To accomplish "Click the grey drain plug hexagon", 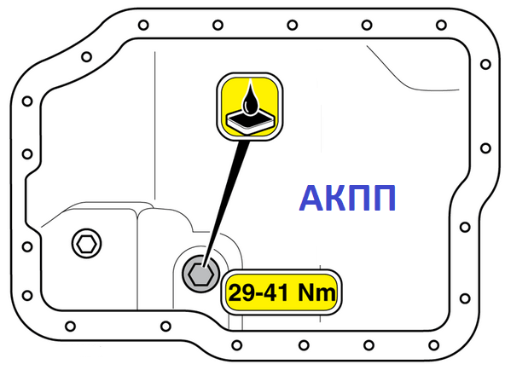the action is coord(200,274).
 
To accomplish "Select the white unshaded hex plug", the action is coord(86,244).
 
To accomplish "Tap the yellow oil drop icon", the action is coord(250,107).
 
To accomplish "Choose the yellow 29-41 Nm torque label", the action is coord(282,292).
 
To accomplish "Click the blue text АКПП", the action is coord(347,198).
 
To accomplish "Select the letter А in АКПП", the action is coord(311,198).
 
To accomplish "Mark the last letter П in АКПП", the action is coord(384,198).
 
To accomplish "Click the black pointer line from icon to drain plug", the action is coord(226,204).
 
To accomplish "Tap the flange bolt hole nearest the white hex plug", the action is coord(27,246).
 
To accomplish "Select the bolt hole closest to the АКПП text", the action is coord(465,227).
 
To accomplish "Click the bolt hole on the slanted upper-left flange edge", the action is coord(86,57).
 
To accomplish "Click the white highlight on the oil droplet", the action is coord(246,105).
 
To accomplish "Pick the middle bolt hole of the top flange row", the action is coord(292,25).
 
